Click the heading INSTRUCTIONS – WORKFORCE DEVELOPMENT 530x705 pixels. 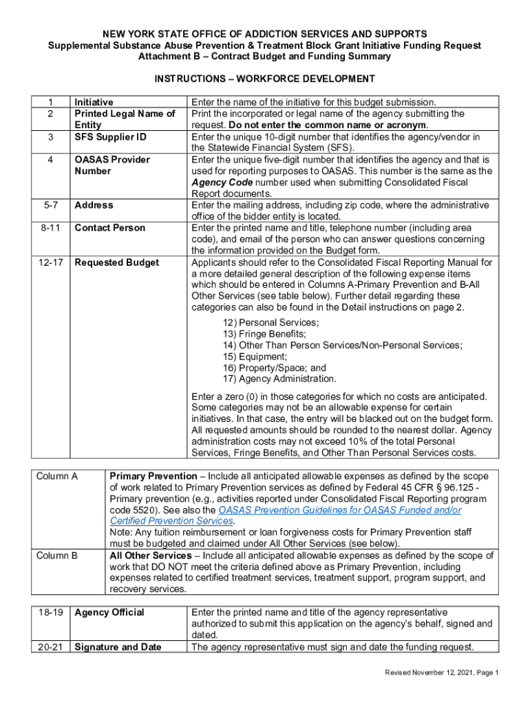coord(264,78)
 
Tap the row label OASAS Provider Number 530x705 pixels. coord(112,165)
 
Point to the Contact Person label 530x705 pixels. coord(109,228)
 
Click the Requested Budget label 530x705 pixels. coord(116,262)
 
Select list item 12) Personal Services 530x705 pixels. coord(271,323)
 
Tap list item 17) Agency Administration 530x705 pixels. coord(279,379)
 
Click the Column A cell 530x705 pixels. coord(57,476)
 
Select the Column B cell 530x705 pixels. coord(57,556)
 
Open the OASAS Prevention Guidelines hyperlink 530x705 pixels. coord(339,510)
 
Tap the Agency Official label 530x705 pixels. coord(109,612)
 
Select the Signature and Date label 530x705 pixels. coord(118,646)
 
